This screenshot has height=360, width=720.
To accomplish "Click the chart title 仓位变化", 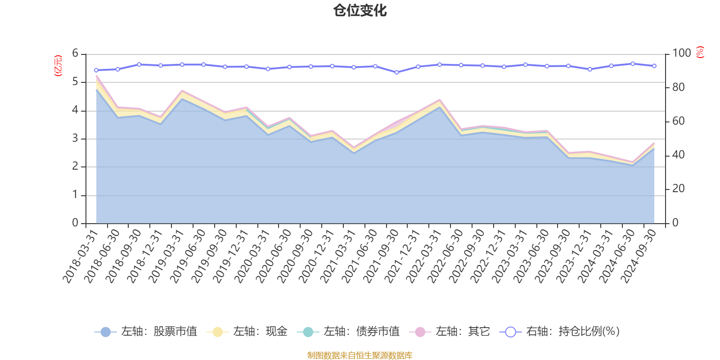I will click(360, 10).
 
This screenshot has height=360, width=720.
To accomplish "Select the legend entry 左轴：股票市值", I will click(146, 332).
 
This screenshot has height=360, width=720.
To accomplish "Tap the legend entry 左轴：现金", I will click(247, 332).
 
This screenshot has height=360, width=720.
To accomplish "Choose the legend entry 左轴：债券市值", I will click(348, 332).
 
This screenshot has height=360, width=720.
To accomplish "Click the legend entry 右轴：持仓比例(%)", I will click(560, 332).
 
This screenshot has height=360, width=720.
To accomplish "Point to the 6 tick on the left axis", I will click(75, 54).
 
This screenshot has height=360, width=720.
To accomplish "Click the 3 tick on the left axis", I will click(75, 139).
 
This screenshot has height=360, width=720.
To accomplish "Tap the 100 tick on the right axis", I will click(681, 54).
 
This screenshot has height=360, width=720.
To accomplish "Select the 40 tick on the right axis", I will click(678, 155).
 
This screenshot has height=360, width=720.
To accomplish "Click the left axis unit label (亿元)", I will click(58, 66).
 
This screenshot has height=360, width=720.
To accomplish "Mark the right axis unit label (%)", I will click(700, 52).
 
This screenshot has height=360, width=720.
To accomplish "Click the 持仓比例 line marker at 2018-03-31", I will click(96, 70).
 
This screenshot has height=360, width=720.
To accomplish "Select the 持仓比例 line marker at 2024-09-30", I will click(654, 66).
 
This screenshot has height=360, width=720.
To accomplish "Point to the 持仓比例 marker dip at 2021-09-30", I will click(396, 72).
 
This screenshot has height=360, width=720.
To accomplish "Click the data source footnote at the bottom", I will click(360, 355).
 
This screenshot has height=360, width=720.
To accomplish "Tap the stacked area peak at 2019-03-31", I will click(182, 91).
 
